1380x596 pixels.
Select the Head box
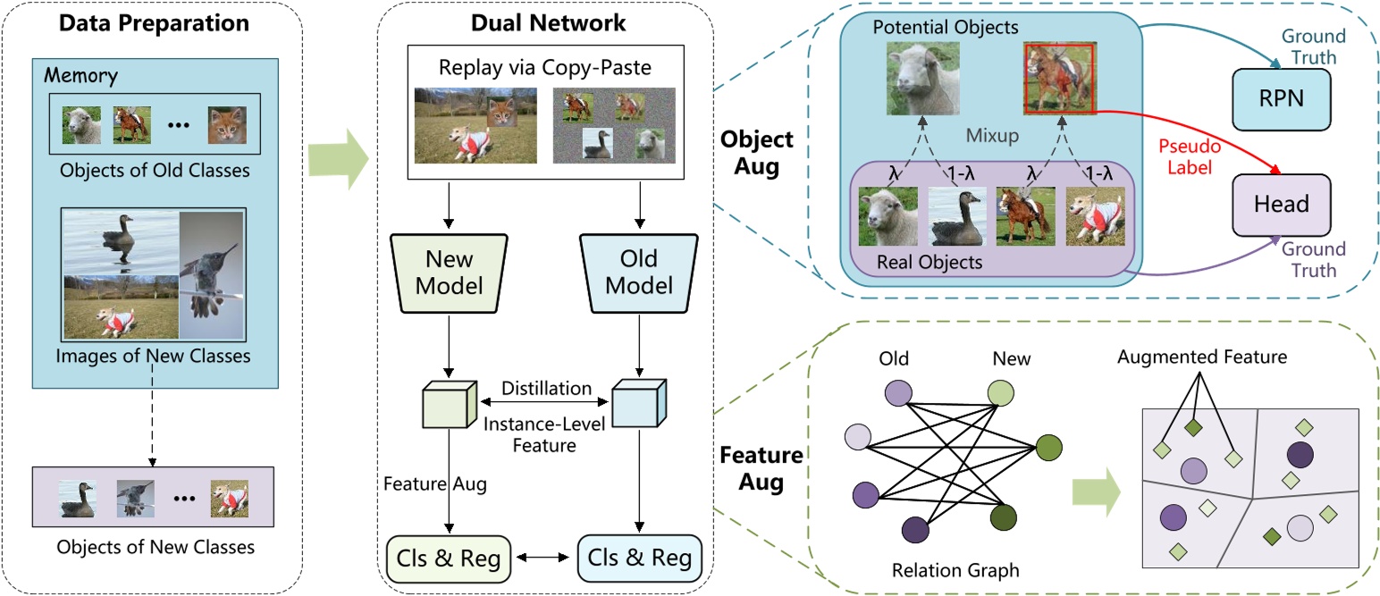point(1283,203)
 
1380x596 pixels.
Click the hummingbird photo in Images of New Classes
point(211,275)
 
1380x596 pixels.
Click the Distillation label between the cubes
point(546,389)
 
